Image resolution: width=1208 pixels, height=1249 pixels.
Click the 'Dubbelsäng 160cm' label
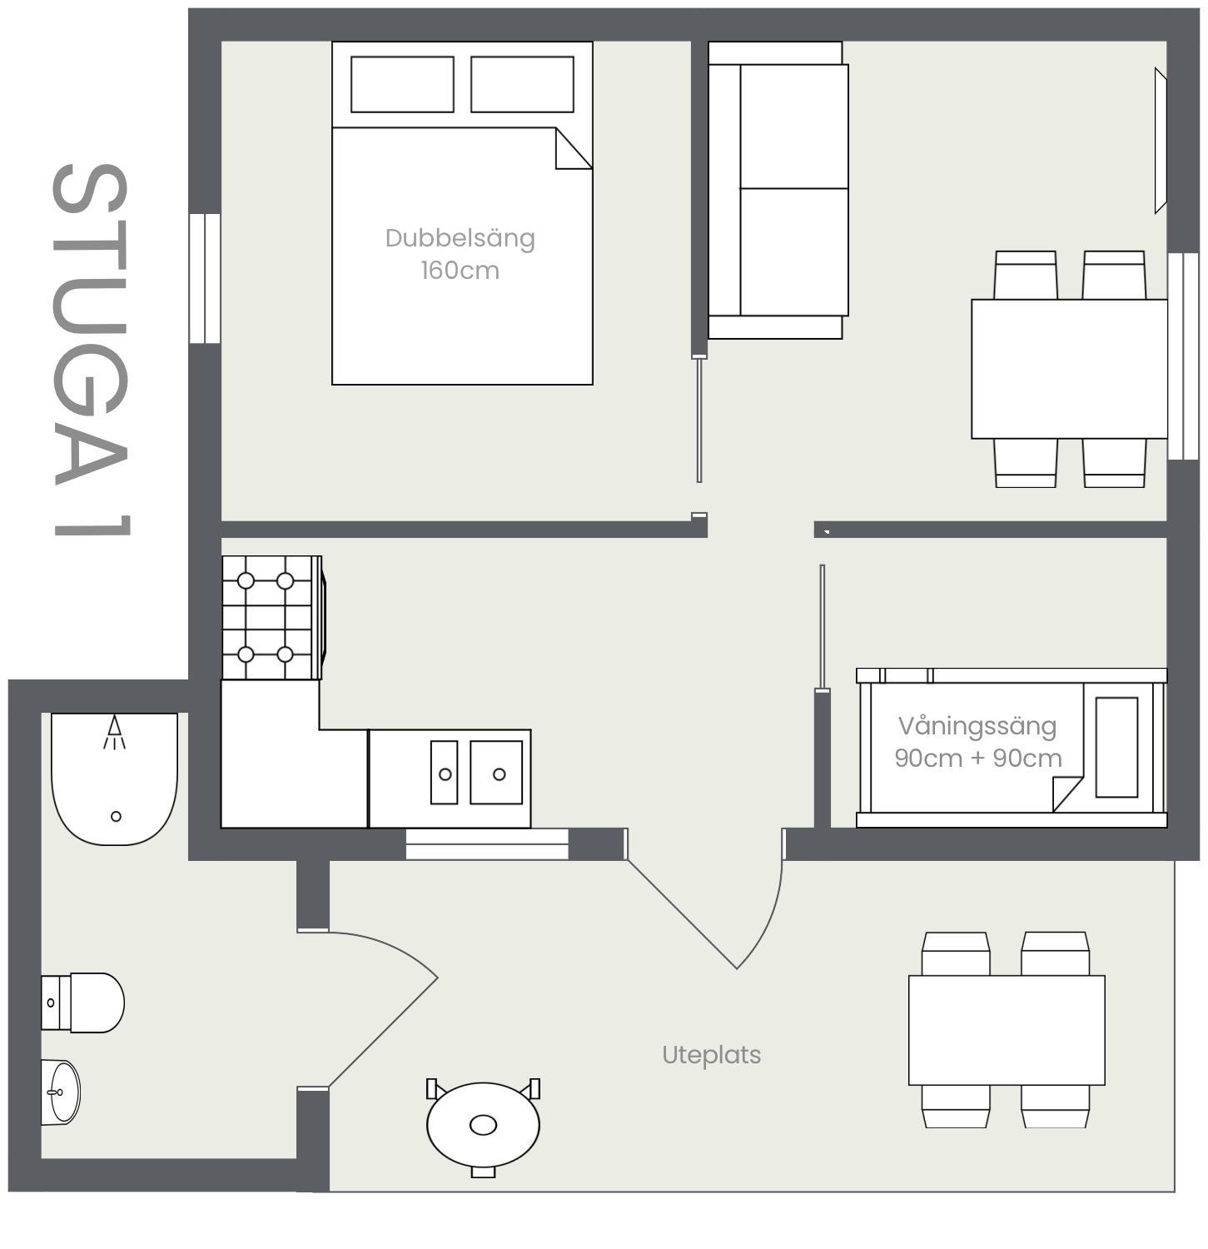[x=460, y=254]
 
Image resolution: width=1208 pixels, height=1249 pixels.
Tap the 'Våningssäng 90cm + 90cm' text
[x=977, y=742]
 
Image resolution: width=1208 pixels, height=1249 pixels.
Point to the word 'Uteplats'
[x=711, y=1055]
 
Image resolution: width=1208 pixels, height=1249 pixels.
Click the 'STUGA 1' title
[x=91, y=350]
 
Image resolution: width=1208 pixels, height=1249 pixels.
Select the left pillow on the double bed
[x=402, y=84]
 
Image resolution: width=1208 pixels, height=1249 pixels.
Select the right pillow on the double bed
[x=522, y=84]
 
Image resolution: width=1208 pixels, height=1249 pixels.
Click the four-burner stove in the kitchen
[x=267, y=618]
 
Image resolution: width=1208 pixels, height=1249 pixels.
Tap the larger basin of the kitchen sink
[x=496, y=774]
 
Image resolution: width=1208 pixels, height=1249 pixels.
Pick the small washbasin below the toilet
[x=61, y=1092]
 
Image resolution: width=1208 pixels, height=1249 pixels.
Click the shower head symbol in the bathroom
[x=115, y=732]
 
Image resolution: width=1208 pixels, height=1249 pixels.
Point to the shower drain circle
[x=116, y=816]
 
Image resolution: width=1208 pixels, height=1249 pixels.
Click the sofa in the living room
[x=778, y=190]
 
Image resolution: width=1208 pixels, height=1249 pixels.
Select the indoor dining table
[x=1069, y=369]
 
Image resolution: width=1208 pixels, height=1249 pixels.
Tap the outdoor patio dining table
[x=1007, y=1030]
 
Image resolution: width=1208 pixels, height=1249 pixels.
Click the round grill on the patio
[x=483, y=1125]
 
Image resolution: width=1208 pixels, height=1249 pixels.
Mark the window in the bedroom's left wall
[x=205, y=278]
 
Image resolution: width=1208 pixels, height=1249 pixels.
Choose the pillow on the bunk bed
[x=1116, y=747]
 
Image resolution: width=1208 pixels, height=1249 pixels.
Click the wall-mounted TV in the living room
[x=1160, y=141]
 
